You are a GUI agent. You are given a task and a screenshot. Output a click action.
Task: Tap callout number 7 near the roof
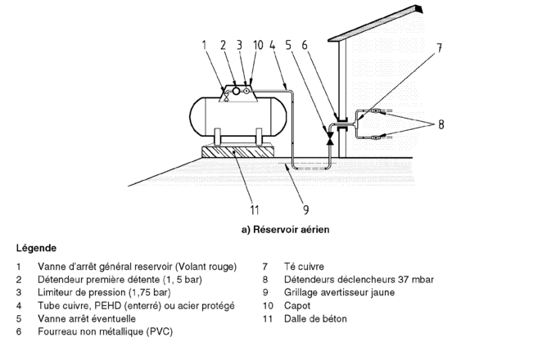(x=439, y=48)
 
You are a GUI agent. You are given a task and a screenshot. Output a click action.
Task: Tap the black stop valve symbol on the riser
(x=330, y=141)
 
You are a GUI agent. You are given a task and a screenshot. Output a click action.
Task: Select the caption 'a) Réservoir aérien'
(x=285, y=230)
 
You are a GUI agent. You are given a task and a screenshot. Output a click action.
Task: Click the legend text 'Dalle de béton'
(x=315, y=318)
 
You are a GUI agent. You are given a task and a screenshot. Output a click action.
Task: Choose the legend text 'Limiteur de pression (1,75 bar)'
(x=104, y=292)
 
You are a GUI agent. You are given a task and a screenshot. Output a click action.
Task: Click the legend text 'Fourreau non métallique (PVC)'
(x=105, y=331)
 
